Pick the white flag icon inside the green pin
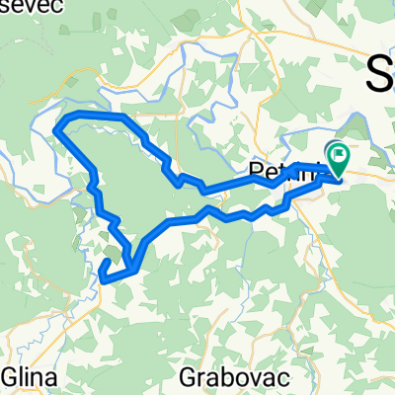[341, 154]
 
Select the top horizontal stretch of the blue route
[94, 118]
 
